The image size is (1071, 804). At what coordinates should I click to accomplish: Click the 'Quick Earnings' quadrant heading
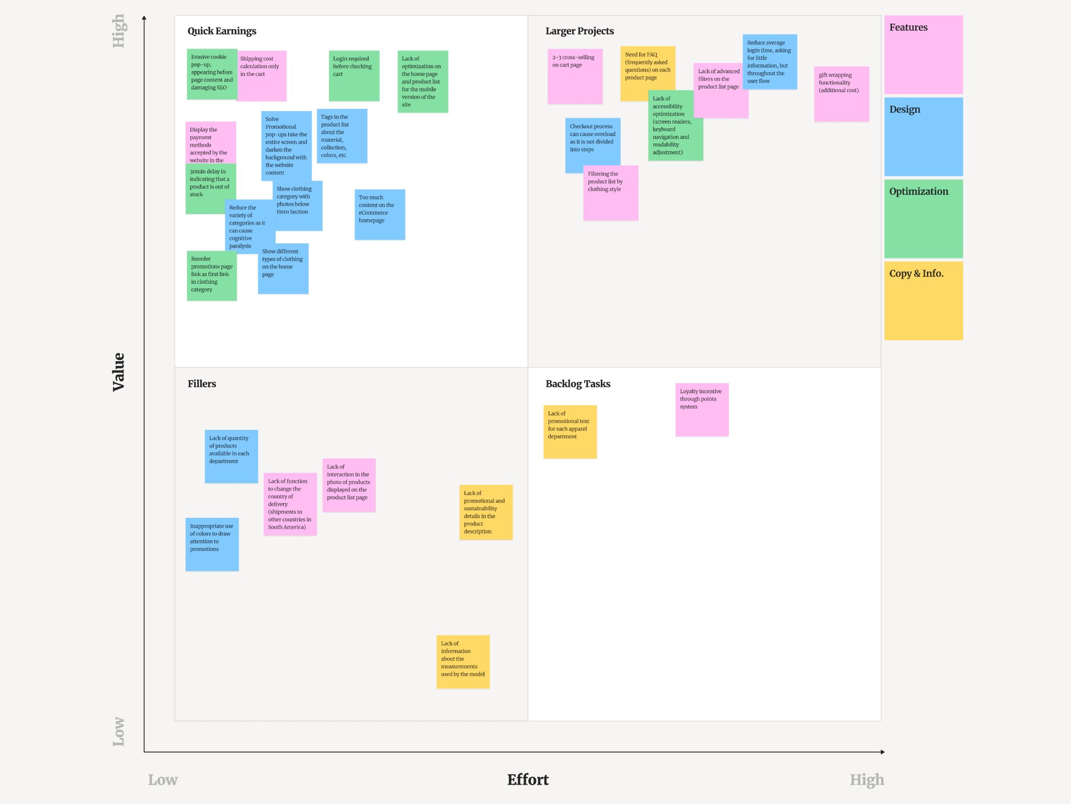tap(222, 31)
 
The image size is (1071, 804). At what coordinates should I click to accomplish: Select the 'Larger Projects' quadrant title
tap(579, 31)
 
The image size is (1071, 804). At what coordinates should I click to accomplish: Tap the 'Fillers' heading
tap(202, 384)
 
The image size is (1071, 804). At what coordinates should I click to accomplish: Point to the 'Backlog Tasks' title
tap(578, 384)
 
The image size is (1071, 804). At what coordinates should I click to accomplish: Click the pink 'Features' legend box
tap(923, 55)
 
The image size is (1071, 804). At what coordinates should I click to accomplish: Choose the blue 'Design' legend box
tap(923, 137)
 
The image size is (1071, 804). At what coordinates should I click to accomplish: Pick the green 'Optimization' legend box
tap(923, 219)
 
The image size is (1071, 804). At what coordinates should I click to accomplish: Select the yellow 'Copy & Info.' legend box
tap(923, 301)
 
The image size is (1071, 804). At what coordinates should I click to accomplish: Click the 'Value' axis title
tap(119, 372)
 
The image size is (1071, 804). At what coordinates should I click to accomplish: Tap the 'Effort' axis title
tap(528, 780)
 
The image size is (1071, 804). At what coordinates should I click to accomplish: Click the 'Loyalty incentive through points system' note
tap(702, 410)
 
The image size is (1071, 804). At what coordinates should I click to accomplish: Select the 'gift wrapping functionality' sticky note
tap(841, 94)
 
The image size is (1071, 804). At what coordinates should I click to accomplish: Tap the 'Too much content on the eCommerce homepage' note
tap(380, 215)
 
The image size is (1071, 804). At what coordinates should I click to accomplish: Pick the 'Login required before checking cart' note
tap(354, 76)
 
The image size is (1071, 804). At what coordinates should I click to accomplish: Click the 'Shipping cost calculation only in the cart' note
tap(262, 76)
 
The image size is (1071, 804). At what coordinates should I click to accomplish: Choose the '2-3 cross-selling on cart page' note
tap(575, 76)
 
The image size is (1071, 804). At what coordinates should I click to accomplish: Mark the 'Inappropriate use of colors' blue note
tap(212, 544)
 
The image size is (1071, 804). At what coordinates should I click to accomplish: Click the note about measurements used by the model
tap(463, 662)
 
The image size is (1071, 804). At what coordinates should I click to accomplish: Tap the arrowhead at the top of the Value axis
tap(144, 18)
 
